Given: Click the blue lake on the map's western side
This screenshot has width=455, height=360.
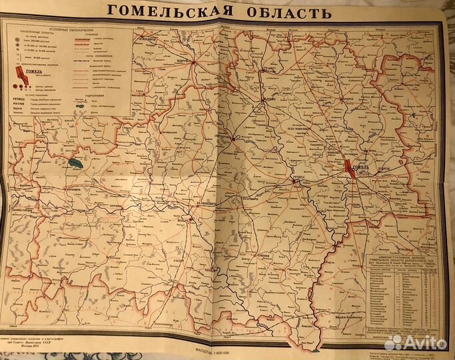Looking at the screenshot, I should click(73, 162).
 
